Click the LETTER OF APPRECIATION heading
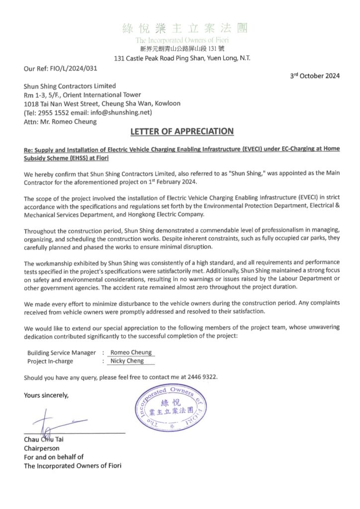coord(181,132)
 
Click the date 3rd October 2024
coord(315,76)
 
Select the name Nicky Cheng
coord(127,361)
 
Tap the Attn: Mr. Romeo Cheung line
coord(61,122)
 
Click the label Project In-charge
coord(50,361)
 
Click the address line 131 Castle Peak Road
coord(182,58)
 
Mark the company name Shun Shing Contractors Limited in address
coord(70,86)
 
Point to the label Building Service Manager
coord(62,352)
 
